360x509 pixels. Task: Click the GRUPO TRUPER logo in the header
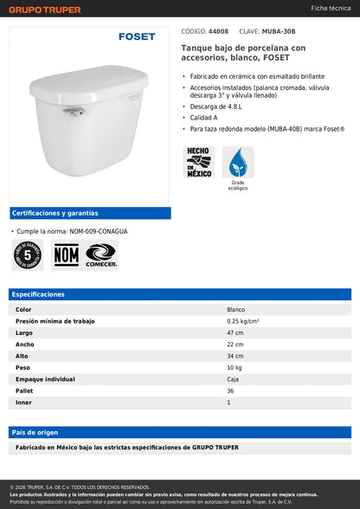(44, 10)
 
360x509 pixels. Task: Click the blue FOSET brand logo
(137, 37)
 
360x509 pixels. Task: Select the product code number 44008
(218, 30)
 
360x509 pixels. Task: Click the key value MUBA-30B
(278, 30)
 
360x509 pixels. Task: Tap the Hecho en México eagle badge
(198, 162)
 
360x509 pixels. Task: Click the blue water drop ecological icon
(237, 162)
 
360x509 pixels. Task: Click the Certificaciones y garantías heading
(55, 213)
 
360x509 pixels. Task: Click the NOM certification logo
(66, 254)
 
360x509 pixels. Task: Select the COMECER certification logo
(101, 254)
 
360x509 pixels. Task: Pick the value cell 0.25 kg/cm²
(242, 321)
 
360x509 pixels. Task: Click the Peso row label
(24, 368)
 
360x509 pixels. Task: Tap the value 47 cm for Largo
(235, 332)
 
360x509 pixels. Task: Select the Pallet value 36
(230, 391)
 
